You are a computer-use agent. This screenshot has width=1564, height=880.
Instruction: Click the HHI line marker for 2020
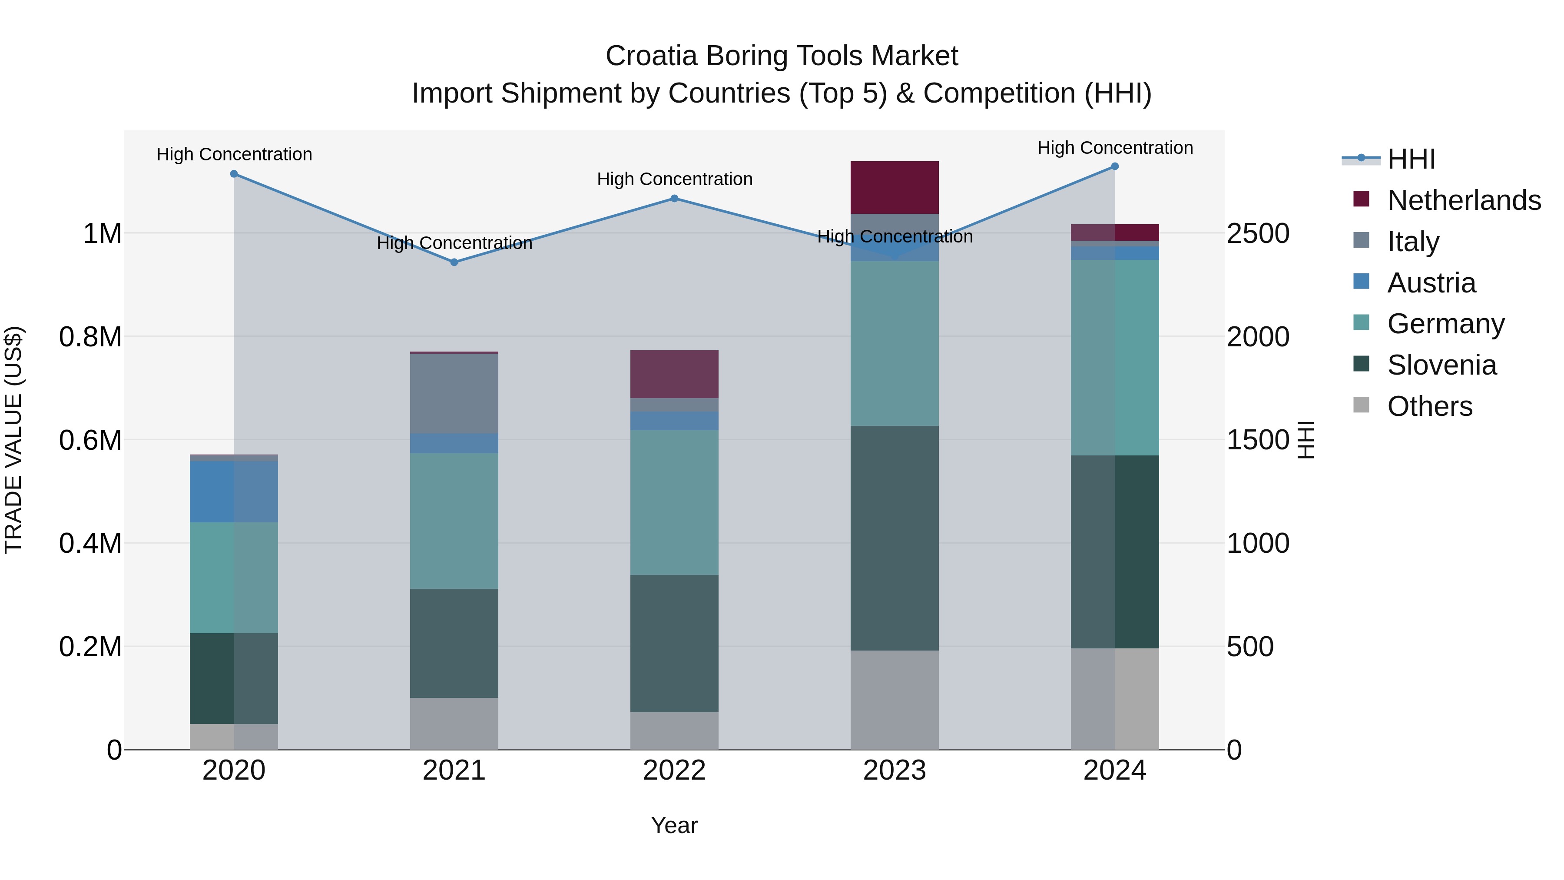coord(234,174)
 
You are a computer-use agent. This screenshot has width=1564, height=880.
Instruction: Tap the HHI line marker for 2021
coord(454,262)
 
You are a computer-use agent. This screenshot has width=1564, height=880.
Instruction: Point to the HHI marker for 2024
coord(1115,166)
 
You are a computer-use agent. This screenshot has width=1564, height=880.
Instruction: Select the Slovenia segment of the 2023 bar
coord(895,538)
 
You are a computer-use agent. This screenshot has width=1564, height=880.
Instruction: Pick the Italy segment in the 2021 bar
coord(454,394)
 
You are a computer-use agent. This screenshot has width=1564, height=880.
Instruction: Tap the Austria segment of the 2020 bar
coord(234,491)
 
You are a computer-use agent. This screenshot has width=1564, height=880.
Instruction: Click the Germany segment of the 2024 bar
coord(1115,358)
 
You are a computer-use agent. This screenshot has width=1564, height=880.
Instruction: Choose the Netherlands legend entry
coord(1464,200)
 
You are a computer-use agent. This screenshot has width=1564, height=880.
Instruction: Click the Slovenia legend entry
coord(1441,365)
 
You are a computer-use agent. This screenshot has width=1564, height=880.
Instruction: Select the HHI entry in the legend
coord(1411,159)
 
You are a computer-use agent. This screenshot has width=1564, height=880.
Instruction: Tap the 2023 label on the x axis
coord(895,770)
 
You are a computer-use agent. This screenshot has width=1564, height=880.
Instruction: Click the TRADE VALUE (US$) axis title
coord(14,440)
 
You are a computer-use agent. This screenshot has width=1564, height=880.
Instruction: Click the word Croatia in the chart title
coord(650,56)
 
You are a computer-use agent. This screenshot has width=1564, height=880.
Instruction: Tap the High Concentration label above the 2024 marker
coord(1115,148)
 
